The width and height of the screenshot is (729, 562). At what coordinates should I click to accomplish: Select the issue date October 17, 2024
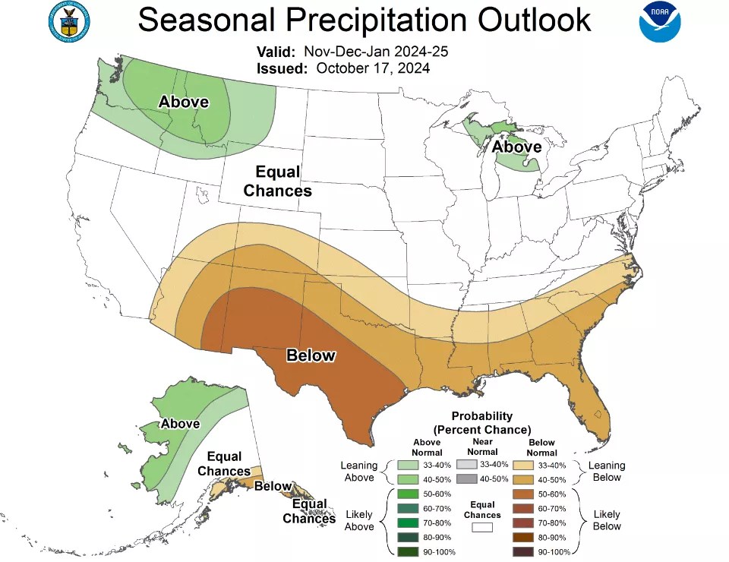tap(373, 68)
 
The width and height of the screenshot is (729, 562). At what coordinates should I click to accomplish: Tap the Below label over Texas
tap(311, 355)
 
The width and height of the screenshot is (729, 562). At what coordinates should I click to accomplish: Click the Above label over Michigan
tap(516, 146)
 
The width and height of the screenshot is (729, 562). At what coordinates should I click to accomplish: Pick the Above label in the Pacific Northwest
tap(183, 102)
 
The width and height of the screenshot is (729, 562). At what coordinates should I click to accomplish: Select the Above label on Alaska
tap(180, 424)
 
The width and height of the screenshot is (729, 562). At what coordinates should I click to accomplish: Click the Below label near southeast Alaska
tap(273, 486)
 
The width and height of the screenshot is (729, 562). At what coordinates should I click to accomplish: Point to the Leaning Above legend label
tap(359, 472)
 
